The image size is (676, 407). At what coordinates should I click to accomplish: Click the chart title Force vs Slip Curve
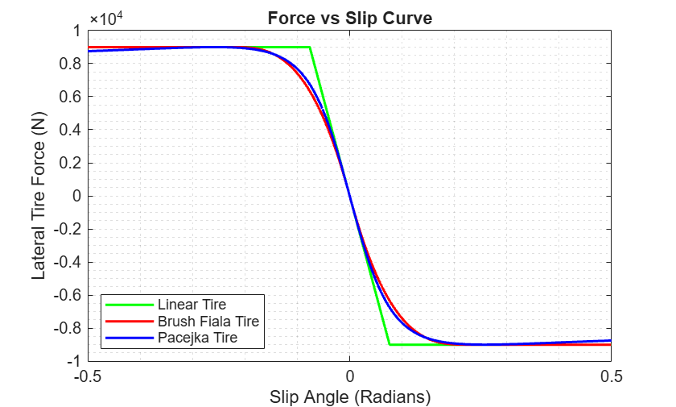[349, 18]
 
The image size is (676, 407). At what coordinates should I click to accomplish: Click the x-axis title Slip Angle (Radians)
[350, 397]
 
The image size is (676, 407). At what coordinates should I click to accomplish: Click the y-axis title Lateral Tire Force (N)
[39, 196]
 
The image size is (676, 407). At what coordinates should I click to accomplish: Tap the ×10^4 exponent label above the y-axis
[106, 19]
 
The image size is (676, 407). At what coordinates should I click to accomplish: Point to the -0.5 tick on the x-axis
[88, 376]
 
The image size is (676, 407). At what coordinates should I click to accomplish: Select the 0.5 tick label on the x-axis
[612, 376]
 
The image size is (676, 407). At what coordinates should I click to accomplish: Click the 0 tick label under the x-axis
[349, 376]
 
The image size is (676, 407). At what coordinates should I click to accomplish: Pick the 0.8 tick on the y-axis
[70, 64]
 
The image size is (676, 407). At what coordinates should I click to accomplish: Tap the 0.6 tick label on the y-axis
[70, 97]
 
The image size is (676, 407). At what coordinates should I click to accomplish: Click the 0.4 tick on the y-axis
[70, 130]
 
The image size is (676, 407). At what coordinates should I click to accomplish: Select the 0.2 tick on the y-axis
[70, 163]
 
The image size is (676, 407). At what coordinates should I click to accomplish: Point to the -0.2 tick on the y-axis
[68, 229]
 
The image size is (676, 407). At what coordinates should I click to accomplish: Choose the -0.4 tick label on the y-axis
[68, 262]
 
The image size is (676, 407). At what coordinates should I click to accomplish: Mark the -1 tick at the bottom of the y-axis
[74, 361]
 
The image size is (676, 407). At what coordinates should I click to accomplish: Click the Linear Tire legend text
[192, 305]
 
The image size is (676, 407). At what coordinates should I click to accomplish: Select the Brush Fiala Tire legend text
[208, 321]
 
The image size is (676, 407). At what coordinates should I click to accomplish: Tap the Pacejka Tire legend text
[197, 338]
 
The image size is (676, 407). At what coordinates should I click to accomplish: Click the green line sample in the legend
[130, 305]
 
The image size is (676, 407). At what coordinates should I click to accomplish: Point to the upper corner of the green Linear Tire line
[310, 47]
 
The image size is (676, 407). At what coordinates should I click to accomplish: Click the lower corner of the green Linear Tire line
[390, 344]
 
